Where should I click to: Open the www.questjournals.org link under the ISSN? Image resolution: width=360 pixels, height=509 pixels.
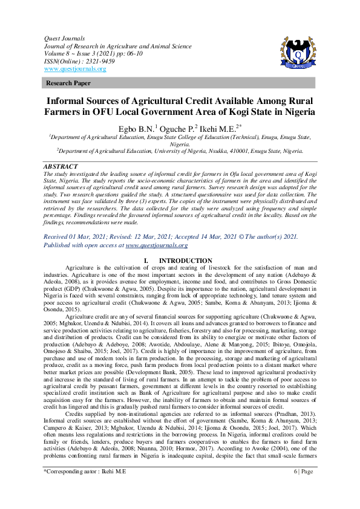(75, 69)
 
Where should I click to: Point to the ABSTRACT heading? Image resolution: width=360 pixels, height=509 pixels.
(61, 166)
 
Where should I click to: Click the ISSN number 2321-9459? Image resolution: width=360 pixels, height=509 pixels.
(94, 61)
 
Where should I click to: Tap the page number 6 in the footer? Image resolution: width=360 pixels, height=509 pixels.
(295, 487)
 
